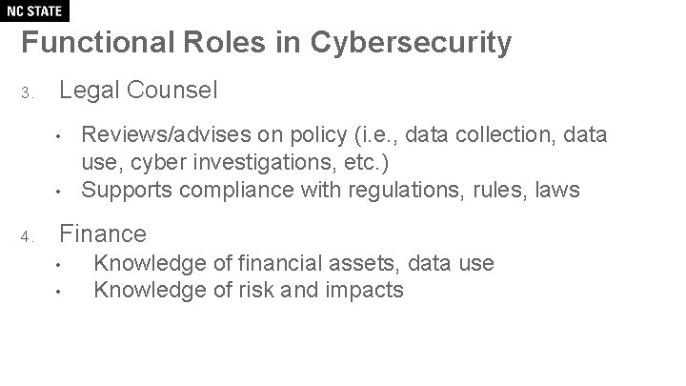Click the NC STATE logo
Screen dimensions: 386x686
(35, 11)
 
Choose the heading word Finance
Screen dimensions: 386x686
(103, 234)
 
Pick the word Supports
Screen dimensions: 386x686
(124, 190)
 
